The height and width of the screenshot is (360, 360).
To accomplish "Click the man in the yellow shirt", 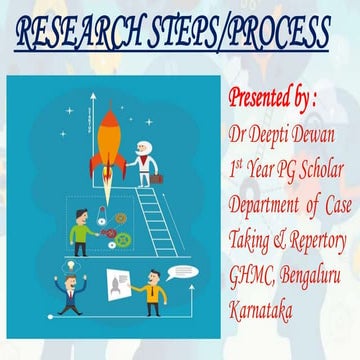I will pos(149,296).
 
